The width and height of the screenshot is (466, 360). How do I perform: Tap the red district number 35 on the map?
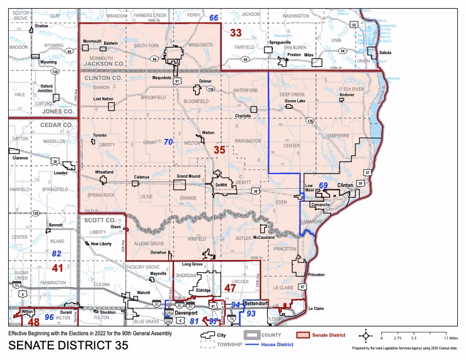coord(219,151)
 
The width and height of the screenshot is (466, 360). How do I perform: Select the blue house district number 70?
coord(168,142)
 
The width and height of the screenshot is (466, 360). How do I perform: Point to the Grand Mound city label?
coord(188,176)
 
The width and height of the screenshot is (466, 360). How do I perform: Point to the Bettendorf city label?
coord(256,304)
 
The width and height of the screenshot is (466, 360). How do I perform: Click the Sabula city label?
coord(385,52)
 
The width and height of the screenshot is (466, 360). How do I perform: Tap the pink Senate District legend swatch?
coord(302,335)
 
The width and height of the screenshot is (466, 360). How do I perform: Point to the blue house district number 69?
coord(323,185)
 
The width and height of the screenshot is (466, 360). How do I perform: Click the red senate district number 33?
coord(235,32)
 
